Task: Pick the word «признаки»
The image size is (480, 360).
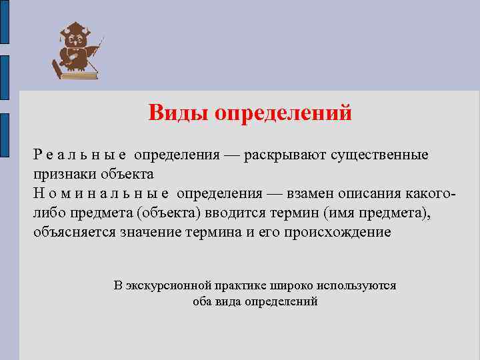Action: (x=64, y=175)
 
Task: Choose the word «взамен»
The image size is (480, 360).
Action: (x=313, y=194)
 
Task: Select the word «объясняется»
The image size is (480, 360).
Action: (x=75, y=233)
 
